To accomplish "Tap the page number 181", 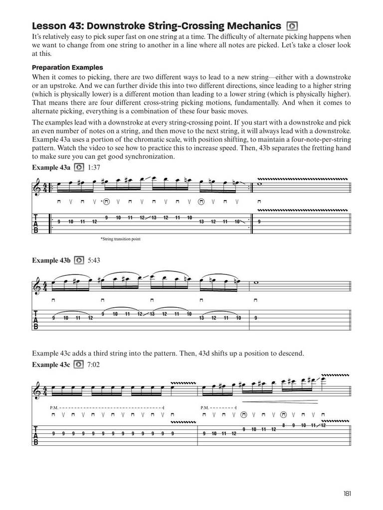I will (x=348, y=494).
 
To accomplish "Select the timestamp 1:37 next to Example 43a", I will (x=94, y=167).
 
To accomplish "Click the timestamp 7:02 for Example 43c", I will (x=94, y=365).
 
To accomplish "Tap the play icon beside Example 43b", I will (x=79, y=260).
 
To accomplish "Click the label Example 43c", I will (x=51, y=365).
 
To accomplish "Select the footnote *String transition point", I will (x=121, y=239).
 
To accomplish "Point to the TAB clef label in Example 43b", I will (x=36, y=318).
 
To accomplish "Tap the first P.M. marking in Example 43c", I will (x=54, y=407).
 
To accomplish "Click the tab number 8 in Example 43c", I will (x=283, y=425).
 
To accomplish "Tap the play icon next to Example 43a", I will (x=79, y=167).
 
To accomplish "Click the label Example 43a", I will (x=51, y=167).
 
